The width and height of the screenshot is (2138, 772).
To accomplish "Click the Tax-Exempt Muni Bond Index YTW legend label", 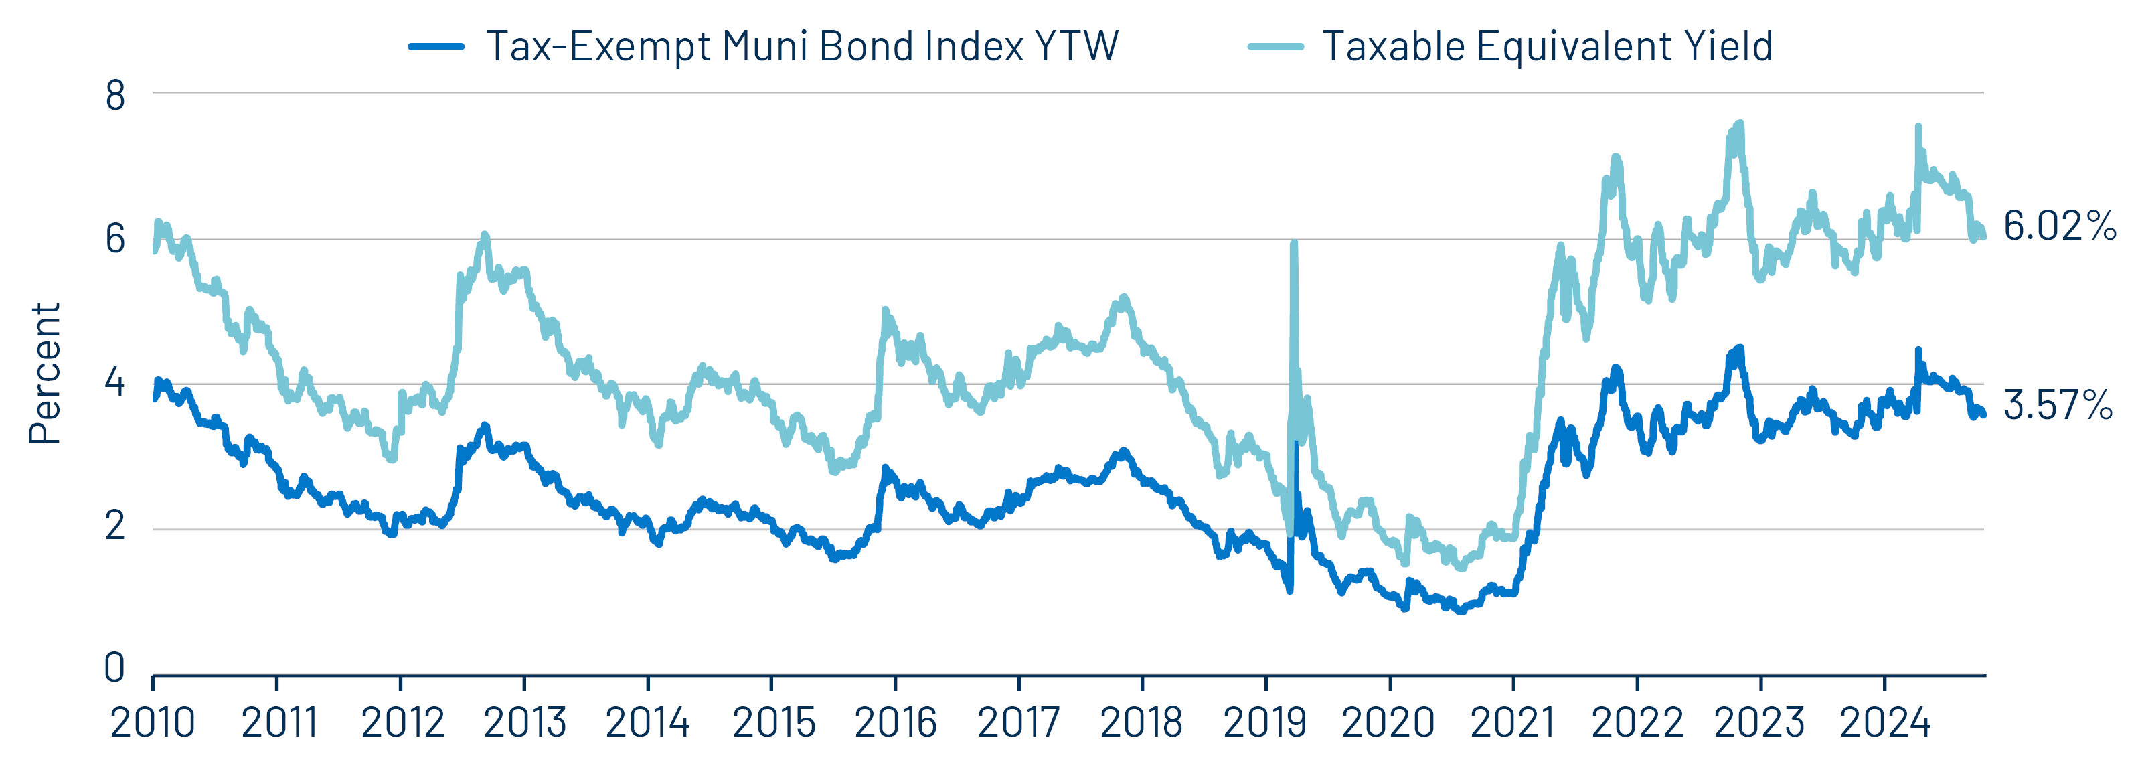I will [x=802, y=46].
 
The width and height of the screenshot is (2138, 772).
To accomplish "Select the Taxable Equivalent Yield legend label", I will [x=1547, y=46].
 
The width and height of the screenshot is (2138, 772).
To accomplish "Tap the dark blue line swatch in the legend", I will [x=436, y=46].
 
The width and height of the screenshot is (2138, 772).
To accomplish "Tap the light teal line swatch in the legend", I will [x=1276, y=46].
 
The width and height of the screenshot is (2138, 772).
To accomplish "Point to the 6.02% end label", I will [x=2059, y=226].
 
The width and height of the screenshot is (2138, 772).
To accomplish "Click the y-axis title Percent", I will [x=45, y=374].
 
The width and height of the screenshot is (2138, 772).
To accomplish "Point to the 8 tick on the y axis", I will [x=115, y=96].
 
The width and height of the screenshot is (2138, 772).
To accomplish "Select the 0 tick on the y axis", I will [x=114, y=668].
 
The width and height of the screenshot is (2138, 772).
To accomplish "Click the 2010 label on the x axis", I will [x=153, y=723].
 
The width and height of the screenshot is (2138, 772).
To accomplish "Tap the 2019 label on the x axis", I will [x=1265, y=723].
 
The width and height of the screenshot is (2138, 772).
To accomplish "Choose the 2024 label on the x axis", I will [x=1884, y=723].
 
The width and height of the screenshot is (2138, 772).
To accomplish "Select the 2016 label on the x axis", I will [x=895, y=723].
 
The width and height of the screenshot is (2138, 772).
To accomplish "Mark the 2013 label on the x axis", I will [x=525, y=723].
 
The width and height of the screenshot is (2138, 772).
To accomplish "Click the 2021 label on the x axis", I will [x=1512, y=723].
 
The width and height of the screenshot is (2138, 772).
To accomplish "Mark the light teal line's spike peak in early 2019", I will [x=1294, y=243].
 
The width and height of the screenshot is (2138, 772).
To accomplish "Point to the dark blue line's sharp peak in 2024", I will [x=1918, y=350].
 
